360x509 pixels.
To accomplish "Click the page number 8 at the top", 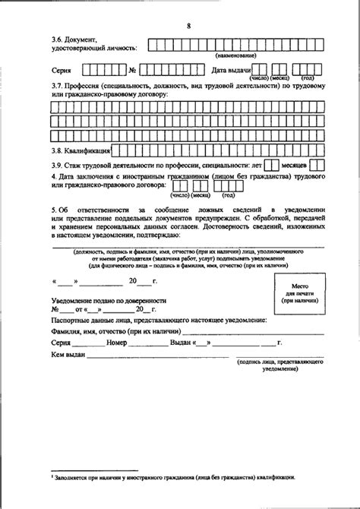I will (188, 28).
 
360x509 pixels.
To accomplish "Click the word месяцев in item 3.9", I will (292, 164).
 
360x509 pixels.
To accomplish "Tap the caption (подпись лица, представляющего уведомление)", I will (280, 365).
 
